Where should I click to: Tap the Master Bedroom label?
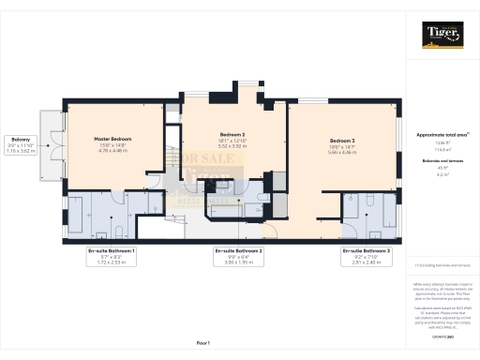click(x=112, y=139)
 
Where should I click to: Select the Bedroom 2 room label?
click(x=232, y=133)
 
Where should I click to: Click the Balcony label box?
click(x=21, y=144)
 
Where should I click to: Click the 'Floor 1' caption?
click(x=202, y=343)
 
